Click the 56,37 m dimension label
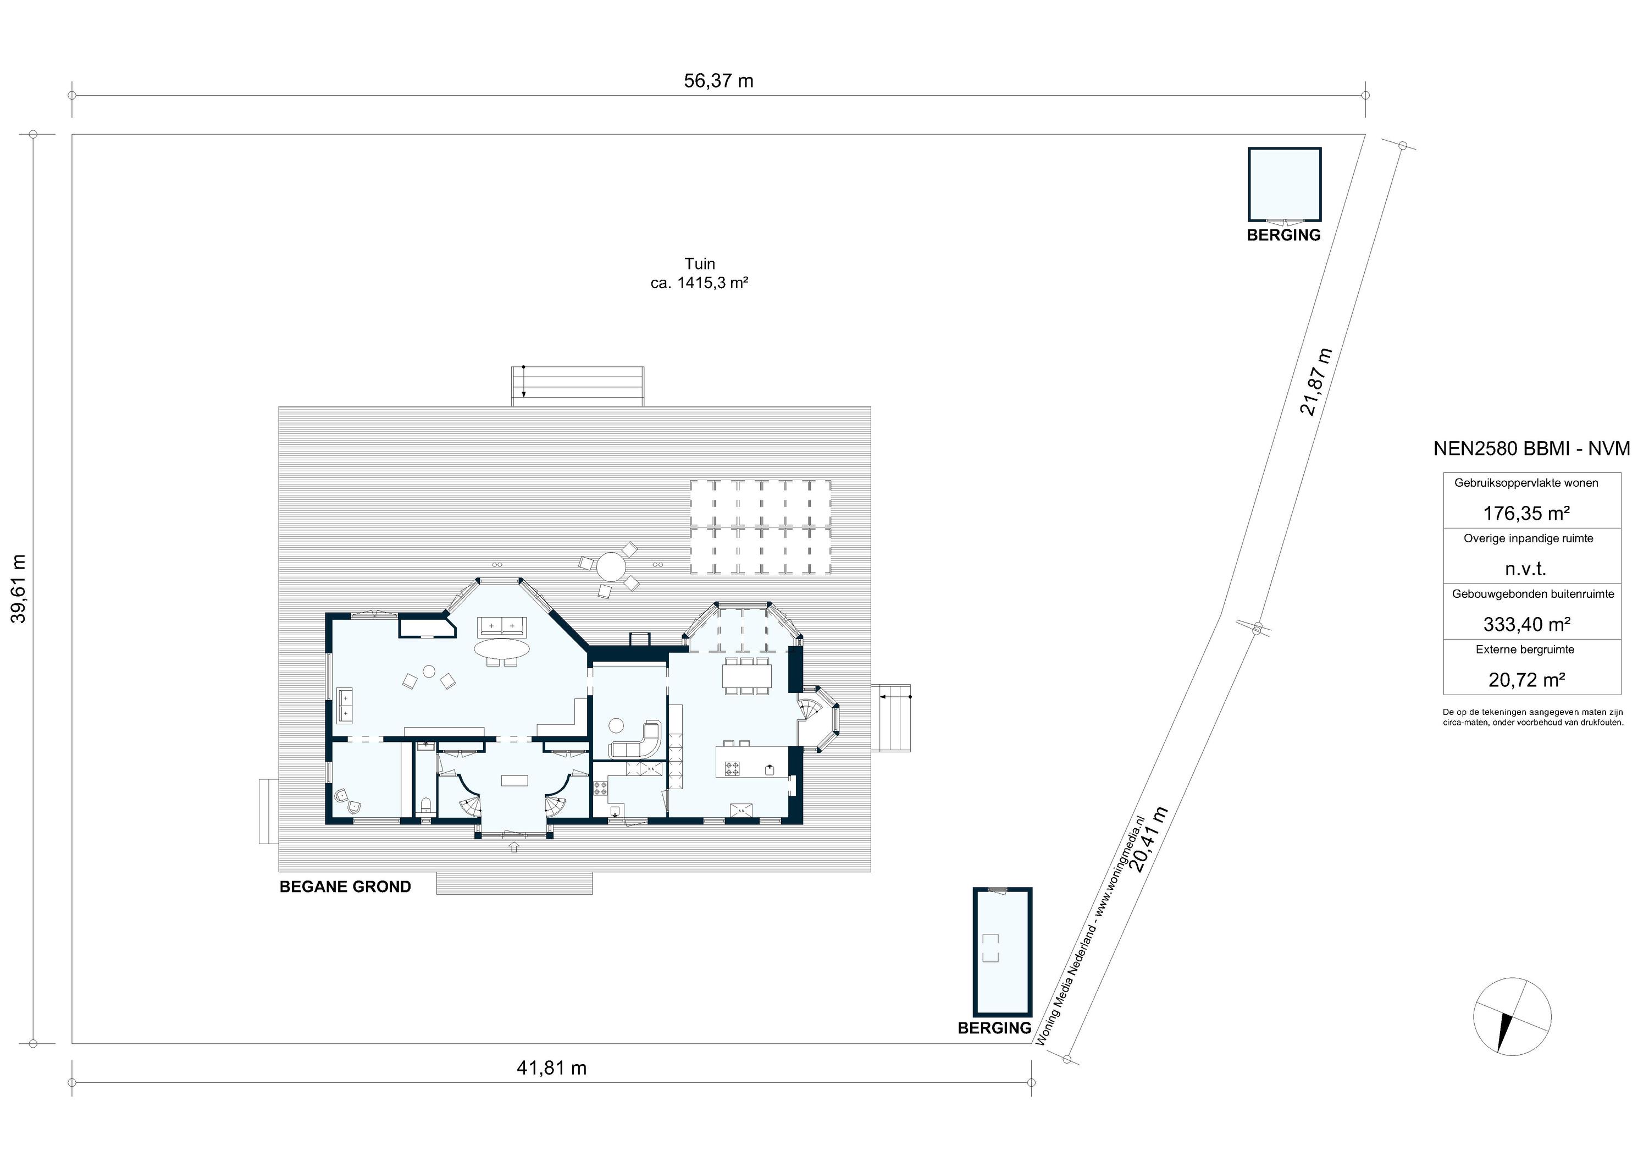click(718, 80)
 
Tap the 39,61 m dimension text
click(19, 588)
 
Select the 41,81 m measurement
click(551, 1068)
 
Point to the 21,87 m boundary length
click(1316, 382)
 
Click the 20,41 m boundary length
click(1149, 839)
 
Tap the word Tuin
click(700, 264)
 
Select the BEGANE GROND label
click(345, 887)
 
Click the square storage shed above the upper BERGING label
click(1284, 185)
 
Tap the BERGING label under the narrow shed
click(994, 1028)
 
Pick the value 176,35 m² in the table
click(1526, 513)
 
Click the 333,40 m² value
click(1526, 624)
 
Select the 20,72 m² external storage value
click(1526, 680)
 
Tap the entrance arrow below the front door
click(513, 847)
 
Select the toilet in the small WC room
click(425, 804)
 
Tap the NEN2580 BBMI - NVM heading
click(1532, 448)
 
